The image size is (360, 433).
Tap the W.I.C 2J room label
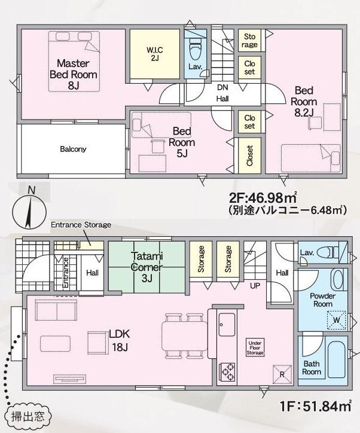point(155,54)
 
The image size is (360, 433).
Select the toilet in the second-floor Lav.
point(196,48)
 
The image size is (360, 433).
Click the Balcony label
point(73,149)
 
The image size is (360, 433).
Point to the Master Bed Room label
point(74,74)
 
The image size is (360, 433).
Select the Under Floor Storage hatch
point(255,347)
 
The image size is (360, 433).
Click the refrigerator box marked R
point(282,374)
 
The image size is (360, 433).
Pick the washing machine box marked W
point(336,321)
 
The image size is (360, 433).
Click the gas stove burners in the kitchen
point(227,372)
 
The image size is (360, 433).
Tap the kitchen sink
point(227,325)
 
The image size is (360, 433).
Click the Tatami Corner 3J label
point(147,267)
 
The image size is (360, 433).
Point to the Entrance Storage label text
point(81,224)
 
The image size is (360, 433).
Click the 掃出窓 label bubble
point(28,417)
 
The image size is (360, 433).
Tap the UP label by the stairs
point(255,285)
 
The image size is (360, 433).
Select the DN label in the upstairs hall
point(222,87)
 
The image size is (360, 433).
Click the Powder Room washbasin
point(338,279)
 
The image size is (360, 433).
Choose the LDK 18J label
point(120,340)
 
